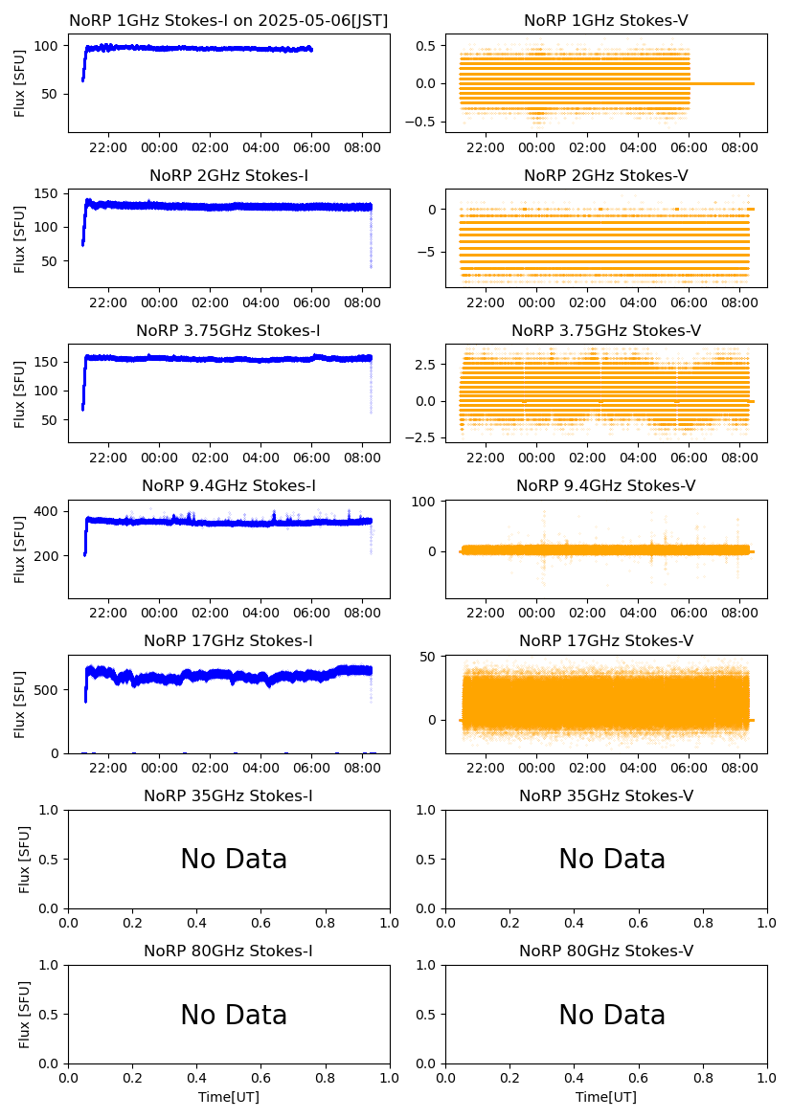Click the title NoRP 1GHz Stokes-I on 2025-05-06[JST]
[x=229, y=21]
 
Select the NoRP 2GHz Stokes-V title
[x=605, y=176]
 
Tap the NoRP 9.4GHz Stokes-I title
[x=229, y=486]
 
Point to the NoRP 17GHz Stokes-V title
[x=605, y=641]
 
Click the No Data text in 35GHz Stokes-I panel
[x=234, y=860]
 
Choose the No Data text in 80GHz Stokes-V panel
[x=612, y=1015]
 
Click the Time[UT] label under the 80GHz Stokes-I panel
[x=229, y=1097]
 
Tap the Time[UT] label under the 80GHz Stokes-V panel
[x=605, y=1097]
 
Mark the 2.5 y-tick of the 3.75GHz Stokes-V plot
[x=425, y=365]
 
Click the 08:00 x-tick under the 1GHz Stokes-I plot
[x=362, y=147]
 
